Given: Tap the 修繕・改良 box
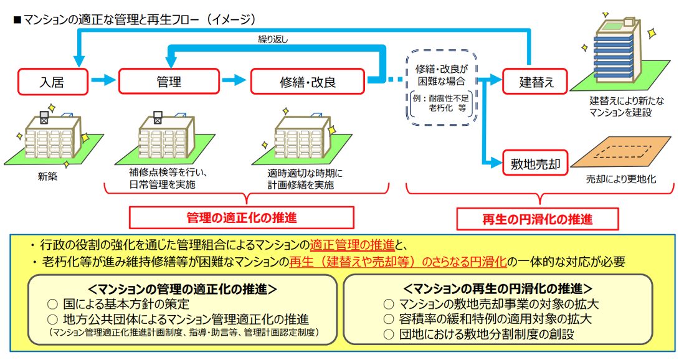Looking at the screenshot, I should click(306, 80).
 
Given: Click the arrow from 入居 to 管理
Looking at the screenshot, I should click(103, 80).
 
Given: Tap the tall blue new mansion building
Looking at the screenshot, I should click(617, 53).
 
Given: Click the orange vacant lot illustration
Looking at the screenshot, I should click(623, 153).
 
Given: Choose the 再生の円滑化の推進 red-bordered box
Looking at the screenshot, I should click(538, 219).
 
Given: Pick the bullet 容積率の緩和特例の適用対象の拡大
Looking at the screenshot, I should click(487, 319).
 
